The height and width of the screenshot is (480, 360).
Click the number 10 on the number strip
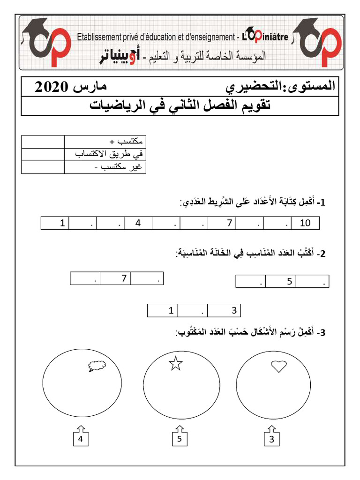pyautogui.click(x=305, y=223)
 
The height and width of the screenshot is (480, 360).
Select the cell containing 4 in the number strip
pyautogui.click(x=138, y=223)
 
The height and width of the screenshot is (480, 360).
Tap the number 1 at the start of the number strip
pyautogui.click(x=61, y=223)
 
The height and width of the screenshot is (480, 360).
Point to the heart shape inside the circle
pyautogui.click(x=279, y=366)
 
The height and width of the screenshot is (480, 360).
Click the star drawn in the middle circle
pyautogui.click(x=175, y=363)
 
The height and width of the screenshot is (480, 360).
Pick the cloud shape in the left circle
pyautogui.click(x=97, y=367)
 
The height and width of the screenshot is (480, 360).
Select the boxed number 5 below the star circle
pyautogui.click(x=179, y=439)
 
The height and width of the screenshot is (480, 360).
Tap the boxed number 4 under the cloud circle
pyautogui.click(x=81, y=439)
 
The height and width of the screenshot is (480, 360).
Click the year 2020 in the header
pyautogui.click(x=52, y=87)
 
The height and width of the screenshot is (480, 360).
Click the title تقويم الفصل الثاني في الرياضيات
pyautogui.click(x=180, y=105)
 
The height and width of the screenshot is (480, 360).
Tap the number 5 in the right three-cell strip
pyautogui.click(x=290, y=281)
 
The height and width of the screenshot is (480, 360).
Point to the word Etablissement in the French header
pyautogui.click(x=100, y=37)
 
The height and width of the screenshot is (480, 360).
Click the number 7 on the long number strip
pyautogui.click(x=229, y=223)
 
